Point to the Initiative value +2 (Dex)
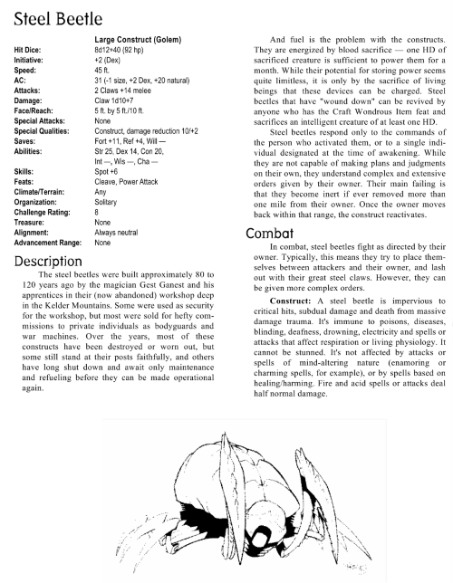113,60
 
